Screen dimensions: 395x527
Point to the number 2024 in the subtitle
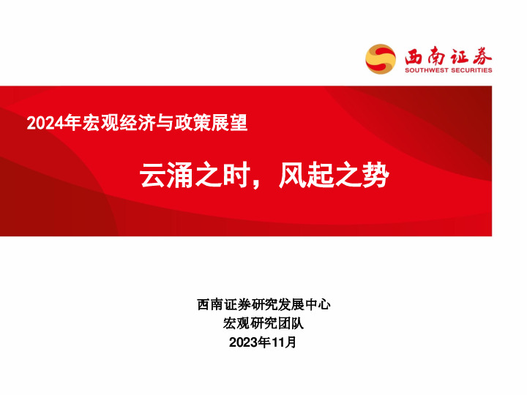click(42, 124)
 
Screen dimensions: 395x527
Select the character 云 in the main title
click(153, 176)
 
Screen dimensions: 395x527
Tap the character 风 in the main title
click(292, 176)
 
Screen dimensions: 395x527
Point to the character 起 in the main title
click(320, 176)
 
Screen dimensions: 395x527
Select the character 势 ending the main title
click(375, 176)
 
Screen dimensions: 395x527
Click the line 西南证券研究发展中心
click(263, 304)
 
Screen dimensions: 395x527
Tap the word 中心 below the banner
click(316, 304)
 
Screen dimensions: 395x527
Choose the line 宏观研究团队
click(263, 323)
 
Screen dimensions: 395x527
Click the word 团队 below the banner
click(290, 323)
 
